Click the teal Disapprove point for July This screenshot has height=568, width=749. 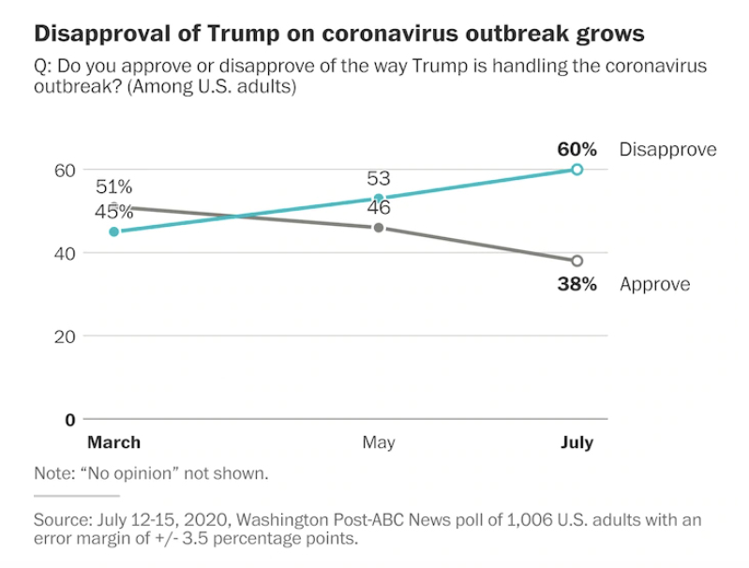[x=577, y=170]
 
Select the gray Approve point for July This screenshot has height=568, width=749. [x=577, y=261]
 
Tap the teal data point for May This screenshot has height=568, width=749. [x=379, y=199]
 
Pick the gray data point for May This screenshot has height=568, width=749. [x=379, y=228]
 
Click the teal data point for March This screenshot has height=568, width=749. [x=114, y=232]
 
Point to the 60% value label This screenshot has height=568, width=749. [x=576, y=148]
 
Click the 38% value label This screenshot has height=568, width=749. [x=576, y=284]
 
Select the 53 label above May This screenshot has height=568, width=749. [x=379, y=178]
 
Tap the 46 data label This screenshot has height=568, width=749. [x=379, y=208]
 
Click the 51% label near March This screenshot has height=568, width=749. [x=114, y=187]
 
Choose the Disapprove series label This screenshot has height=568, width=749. [x=667, y=149]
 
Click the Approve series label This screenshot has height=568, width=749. [x=655, y=284]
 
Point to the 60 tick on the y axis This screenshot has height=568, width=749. [x=64, y=170]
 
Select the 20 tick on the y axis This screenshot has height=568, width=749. [x=64, y=336]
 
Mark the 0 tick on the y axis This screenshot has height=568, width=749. [x=69, y=419]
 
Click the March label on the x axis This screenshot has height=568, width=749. [x=113, y=442]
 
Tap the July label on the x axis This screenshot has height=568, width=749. [x=577, y=442]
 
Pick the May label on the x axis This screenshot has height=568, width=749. [x=379, y=442]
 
